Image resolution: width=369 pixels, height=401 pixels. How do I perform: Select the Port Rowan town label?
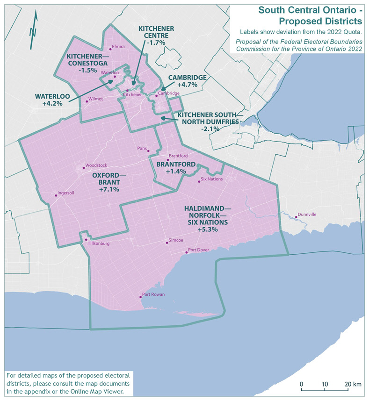pos(153,294)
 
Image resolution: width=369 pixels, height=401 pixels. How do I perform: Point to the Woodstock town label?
pos(96,165)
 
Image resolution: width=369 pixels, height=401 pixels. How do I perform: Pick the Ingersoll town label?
pos(65,193)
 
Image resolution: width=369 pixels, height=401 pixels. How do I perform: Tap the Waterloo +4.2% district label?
pos(52,100)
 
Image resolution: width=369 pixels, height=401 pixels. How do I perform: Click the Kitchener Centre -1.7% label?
pos(156,36)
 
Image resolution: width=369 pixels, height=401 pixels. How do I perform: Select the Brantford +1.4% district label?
pos(175,168)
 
